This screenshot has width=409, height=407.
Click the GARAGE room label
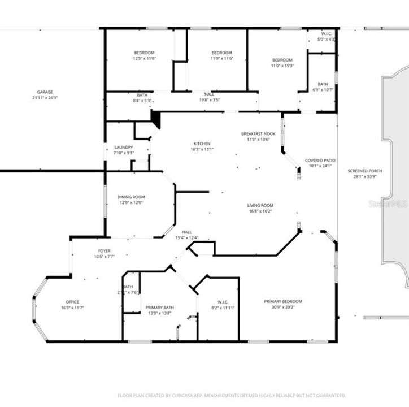45,92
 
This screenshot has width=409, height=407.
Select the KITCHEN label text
202,144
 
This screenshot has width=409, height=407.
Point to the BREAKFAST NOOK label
258,133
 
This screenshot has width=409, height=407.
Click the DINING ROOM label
131,197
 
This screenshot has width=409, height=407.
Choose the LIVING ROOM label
260,205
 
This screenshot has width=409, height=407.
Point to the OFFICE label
72,301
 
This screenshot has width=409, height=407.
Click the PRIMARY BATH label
159,307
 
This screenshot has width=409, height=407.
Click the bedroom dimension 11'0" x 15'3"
282,66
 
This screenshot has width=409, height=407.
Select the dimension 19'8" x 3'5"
209,100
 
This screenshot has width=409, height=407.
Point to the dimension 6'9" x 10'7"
323,89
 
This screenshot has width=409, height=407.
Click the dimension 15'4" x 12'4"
187,238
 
